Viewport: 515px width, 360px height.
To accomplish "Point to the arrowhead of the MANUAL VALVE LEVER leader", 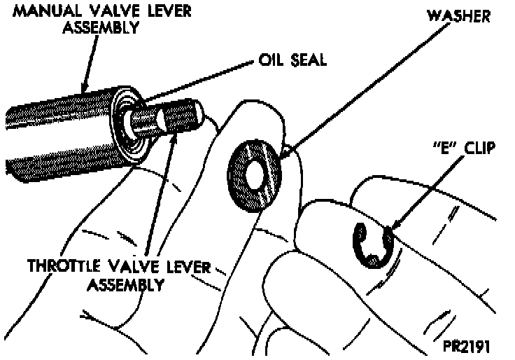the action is [85, 90].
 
